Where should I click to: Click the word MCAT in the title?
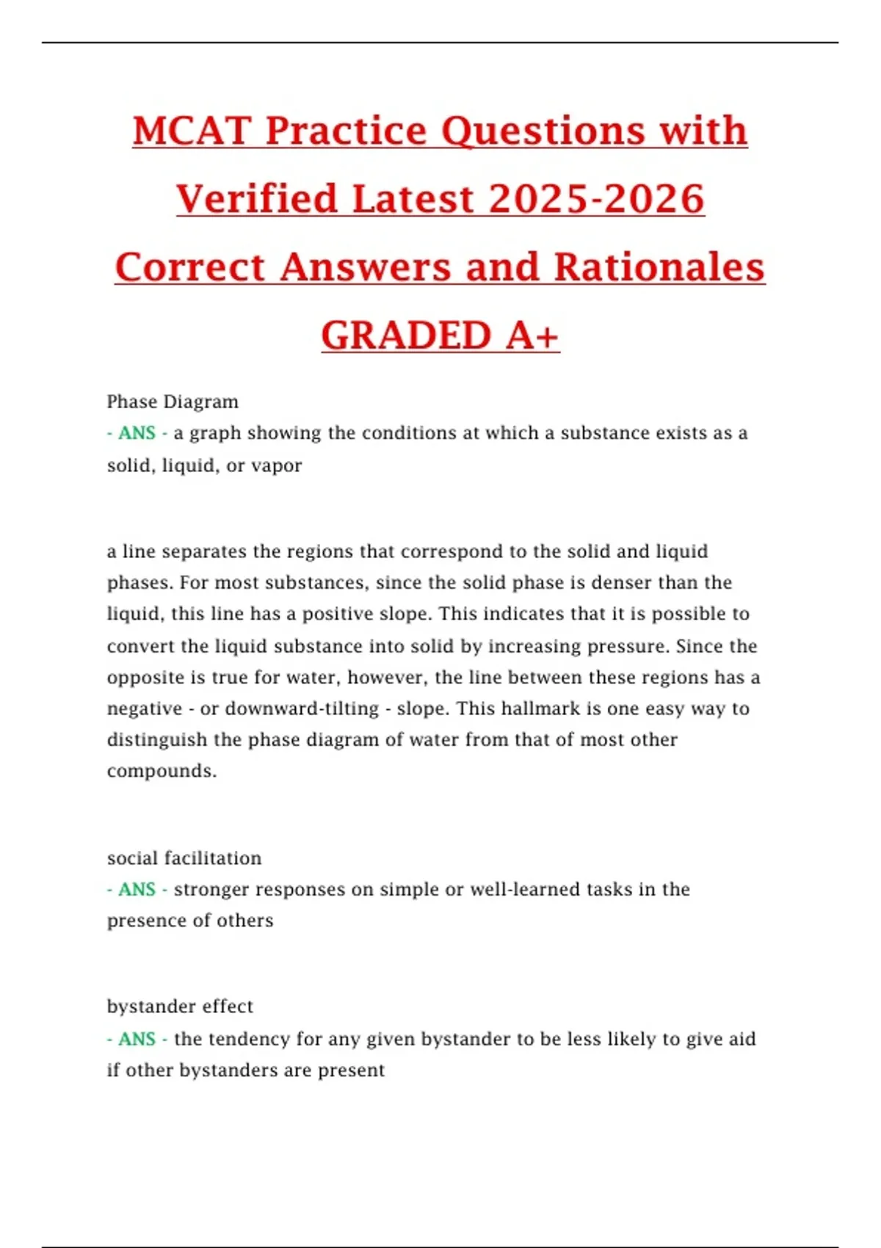coord(192,131)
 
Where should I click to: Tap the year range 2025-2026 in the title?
coord(596,199)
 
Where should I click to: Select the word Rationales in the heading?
coord(659,266)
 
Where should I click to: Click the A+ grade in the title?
coord(532,335)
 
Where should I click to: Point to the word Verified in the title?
coord(257,199)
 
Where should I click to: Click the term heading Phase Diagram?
coord(173,402)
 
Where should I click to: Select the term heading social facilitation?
coord(184,858)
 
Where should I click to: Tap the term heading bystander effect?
coord(180,1006)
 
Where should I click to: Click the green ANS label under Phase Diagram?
coord(137,433)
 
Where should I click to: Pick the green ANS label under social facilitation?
coord(137,890)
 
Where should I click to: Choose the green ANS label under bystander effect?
coord(137,1039)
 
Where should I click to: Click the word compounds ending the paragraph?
coord(162,772)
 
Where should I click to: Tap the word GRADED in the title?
coord(406,335)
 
